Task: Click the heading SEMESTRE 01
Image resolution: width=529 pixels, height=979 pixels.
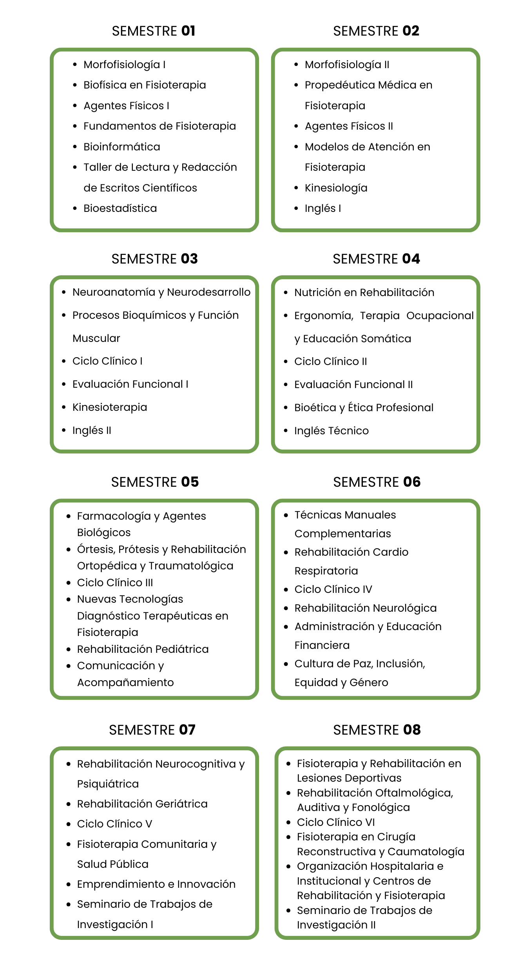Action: coord(154,31)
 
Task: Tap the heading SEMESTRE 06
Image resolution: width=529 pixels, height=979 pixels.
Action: coord(377,482)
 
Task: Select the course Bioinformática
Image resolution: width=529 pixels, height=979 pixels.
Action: coord(122,147)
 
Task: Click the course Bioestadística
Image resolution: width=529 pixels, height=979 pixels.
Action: coord(120,208)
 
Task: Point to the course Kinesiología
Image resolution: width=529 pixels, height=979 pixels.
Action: coord(336,188)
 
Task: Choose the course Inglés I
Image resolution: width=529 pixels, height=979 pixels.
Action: coord(322,208)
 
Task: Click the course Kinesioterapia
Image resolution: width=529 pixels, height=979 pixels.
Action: coord(110,407)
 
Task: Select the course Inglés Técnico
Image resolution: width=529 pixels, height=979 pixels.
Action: coord(332,431)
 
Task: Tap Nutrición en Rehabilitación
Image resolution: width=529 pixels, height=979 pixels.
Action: coord(364,293)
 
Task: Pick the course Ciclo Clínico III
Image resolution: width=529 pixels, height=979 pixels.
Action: coord(115,583)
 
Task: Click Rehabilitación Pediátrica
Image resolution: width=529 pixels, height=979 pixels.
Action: coord(143,649)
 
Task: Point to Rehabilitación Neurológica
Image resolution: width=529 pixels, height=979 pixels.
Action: coord(365,608)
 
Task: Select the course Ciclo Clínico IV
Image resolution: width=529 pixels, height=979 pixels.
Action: coord(333,589)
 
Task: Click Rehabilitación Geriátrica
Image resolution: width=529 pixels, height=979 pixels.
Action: coord(142,804)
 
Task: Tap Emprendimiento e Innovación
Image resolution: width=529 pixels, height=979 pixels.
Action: coord(156,884)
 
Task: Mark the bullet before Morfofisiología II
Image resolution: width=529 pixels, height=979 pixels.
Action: coord(296,65)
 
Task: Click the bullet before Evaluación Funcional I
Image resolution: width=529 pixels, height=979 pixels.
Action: coord(64,384)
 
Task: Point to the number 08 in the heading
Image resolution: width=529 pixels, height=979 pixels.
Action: coord(412,730)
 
